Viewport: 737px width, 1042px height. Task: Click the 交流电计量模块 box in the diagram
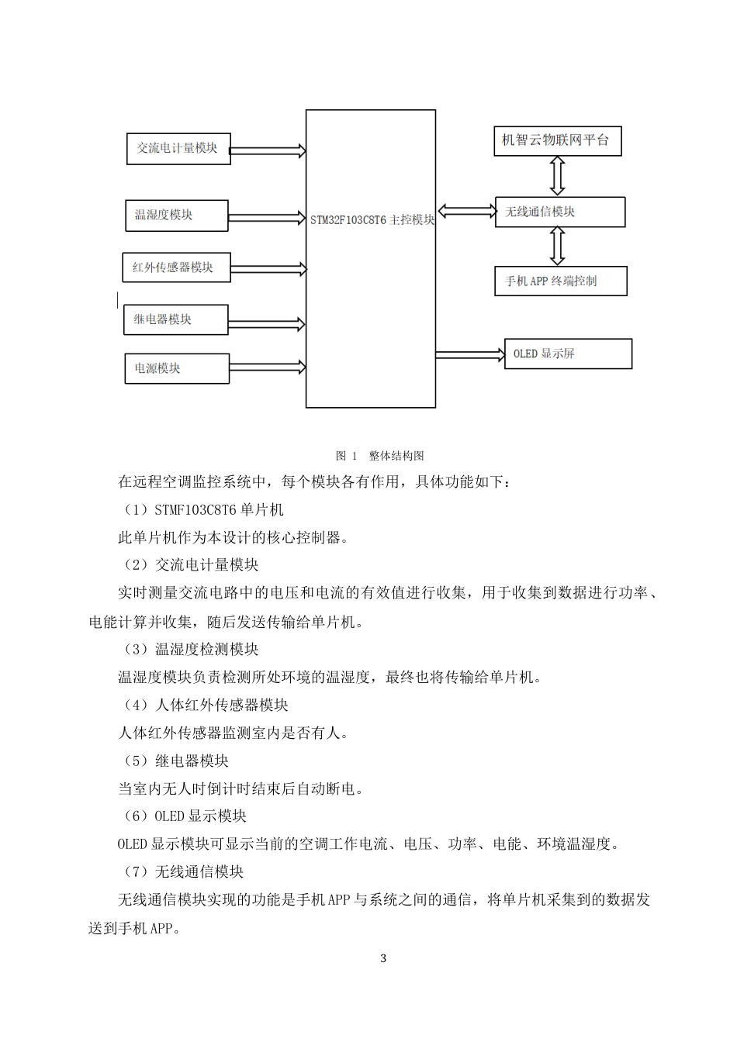tap(178, 148)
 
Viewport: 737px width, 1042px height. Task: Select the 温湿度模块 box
tap(176, 216)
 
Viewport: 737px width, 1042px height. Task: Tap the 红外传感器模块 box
tap(176, 267)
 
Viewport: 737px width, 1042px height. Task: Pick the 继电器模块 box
tap(175, 319)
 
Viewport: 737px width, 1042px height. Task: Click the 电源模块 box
tap(176, 368)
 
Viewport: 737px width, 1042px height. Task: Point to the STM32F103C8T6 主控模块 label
tap(372, 219)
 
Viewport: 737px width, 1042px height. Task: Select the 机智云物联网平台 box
tap(557, 140)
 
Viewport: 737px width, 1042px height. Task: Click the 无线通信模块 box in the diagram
tap(559, 212)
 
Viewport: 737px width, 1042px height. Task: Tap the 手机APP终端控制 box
tap(560, 281)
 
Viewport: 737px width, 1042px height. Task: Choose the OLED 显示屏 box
tap(568, 354)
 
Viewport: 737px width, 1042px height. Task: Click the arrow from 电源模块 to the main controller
tap(268, 365)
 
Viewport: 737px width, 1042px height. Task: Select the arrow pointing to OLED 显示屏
tap(469, 354)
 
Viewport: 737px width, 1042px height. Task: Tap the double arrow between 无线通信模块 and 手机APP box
tap(557, 247)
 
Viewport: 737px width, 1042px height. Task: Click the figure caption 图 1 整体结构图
tap(379, 456)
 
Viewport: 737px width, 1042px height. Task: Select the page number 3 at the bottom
tap(383, 958)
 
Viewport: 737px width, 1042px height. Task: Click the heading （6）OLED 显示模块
tap(185, 816)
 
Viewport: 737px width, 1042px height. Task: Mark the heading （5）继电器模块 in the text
tap(176, 761)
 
